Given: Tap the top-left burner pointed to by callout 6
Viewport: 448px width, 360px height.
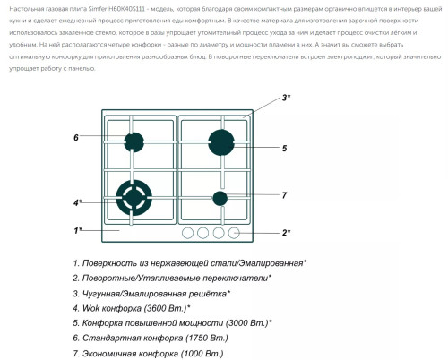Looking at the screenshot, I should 134,141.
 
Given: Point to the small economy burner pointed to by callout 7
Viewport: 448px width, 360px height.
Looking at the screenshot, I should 220,198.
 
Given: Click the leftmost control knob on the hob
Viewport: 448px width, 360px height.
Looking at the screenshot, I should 188,233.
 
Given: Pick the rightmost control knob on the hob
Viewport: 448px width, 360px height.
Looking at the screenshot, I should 234,233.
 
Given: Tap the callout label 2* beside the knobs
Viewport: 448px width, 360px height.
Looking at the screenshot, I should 286,233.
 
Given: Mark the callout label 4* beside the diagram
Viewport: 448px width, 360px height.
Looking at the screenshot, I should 79,202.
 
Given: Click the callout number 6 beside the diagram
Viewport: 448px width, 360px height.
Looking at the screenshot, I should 77,138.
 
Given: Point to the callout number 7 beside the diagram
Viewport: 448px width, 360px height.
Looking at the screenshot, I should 284,195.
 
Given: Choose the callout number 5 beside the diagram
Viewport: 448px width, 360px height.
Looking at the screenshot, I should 284,148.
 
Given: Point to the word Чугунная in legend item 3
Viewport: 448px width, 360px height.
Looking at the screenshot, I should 106,293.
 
